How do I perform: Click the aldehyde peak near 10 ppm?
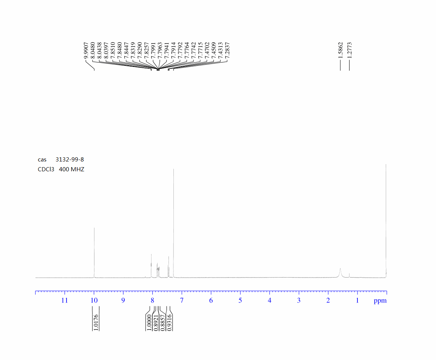click(94, 253)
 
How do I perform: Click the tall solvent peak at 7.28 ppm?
click(173, 223)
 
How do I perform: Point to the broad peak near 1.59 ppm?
click(340, 273)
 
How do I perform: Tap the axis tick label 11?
click(65, 301)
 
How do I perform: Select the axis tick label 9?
click(123, 301)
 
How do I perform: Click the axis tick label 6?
click(211, 301)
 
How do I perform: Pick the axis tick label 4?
click(269, 301)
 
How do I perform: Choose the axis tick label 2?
click(328, 301)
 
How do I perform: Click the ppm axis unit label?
click(380, 301)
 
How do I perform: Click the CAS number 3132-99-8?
click(70, 160)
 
